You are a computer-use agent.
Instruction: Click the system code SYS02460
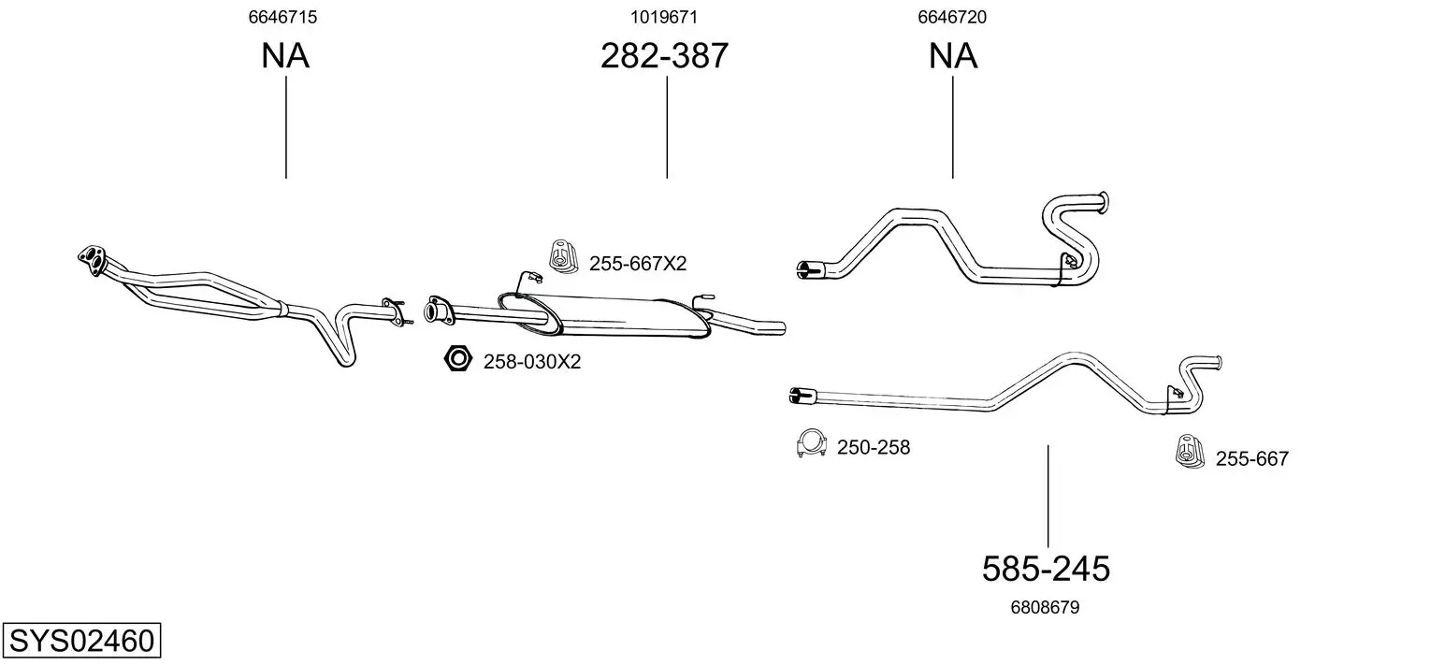81,640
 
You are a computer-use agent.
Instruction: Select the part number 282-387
664,55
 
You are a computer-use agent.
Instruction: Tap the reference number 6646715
282,17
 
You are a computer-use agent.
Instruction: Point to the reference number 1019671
664,17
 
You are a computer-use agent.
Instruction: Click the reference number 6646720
952,17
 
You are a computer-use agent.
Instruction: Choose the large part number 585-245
1046,568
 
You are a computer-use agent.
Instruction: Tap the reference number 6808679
1045,607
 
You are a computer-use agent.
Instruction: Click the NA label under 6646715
285,55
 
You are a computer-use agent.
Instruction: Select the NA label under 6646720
952,55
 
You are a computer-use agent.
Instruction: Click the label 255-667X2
638,263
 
